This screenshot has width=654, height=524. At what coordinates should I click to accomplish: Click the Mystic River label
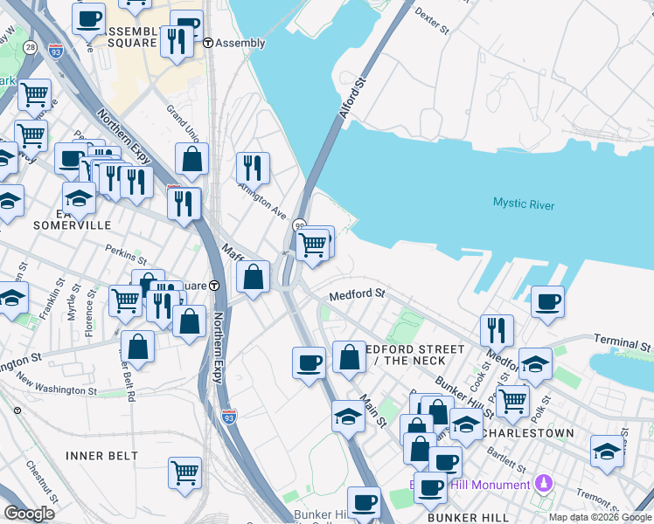(523, 203)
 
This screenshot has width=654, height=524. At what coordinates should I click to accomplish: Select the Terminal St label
(623, 343)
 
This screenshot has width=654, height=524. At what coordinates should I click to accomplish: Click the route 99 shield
(299, 225)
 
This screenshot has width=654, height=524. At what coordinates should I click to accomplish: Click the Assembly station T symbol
(208, 42)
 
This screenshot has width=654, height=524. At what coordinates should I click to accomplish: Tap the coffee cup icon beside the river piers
(547, 302)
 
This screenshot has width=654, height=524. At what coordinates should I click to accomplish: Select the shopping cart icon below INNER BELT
(184, 472)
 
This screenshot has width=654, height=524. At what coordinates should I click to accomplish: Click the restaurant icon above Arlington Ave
(253, 167)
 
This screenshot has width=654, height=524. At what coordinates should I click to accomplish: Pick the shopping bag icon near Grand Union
(192, 159)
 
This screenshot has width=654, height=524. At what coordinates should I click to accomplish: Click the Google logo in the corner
(29, 514)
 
